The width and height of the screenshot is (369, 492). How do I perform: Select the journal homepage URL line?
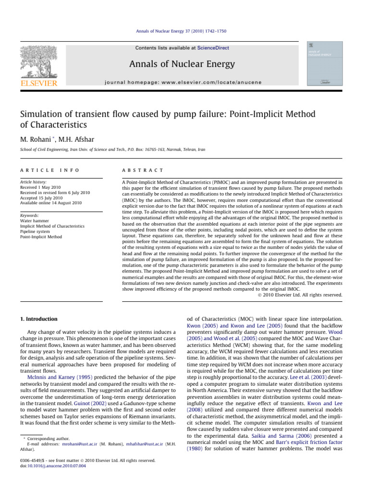tap(183, 82)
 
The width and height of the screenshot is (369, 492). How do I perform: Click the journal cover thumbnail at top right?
tap(321, 64)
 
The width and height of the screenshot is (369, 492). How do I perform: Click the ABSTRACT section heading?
tap(143, 171)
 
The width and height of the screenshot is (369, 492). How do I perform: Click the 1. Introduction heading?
tap(38, 319)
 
